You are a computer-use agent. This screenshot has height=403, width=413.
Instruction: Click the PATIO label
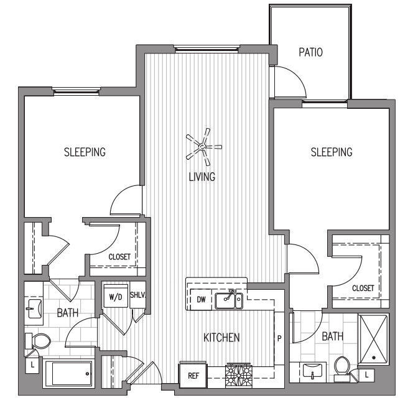pyautogui.click(x=310, y=52)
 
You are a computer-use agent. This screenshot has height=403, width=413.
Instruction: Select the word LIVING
pyautogui.click(x=202, y=177)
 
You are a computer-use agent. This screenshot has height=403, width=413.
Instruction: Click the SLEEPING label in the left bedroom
pyautogui.click(x=85, y=152)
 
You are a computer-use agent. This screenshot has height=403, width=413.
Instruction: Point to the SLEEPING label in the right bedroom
pyautogui.click(x=332, y=152)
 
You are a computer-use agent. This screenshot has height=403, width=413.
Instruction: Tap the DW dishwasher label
pyautogui.click(x=201, y=300)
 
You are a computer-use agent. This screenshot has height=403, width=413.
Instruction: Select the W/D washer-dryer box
pyautogui.click(x=115, y=296)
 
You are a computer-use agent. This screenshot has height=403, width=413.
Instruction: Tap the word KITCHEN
pyautogui.click(x=222, y=338)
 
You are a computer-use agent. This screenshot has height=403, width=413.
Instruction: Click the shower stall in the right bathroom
pyautogui.click(x=373, y=338)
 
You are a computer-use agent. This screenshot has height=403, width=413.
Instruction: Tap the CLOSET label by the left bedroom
pyautogui.click(x=119, y=256)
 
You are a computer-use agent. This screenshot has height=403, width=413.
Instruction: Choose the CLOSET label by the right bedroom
pyautogui.click(x=363, y=288)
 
